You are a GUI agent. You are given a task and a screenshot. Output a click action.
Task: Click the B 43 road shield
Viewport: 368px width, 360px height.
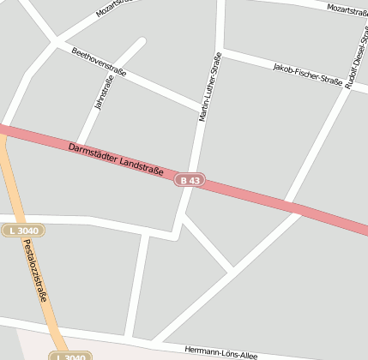click(190, 180)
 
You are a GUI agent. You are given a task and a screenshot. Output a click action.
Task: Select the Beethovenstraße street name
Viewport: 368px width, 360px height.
click(99, 62)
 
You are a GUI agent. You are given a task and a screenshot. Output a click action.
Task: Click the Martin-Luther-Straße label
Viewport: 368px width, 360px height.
click(210, 87)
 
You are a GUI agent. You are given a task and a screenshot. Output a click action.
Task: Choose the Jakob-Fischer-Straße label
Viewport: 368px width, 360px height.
click(307, 74)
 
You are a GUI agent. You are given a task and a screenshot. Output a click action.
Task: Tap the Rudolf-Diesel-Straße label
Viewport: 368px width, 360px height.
click(352, 57)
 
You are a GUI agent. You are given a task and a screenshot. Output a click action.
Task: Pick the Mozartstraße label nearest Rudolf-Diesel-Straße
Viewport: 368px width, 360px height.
click(347, 9)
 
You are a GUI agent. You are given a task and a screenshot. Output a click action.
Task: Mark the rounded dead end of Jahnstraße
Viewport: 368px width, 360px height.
click(140, 42)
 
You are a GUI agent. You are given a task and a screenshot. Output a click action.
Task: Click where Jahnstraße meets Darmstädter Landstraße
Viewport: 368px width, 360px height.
click(79, 144)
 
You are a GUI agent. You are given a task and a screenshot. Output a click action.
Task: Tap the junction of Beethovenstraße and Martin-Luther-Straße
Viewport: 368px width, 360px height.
click(201, 109)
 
